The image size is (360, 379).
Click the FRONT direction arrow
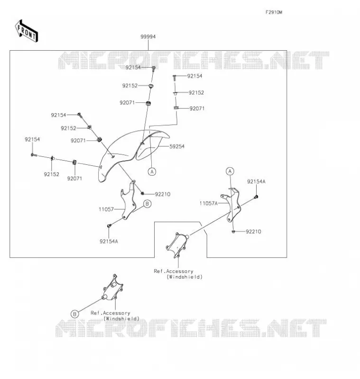[27, 31]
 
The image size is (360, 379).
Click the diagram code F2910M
[274, 12]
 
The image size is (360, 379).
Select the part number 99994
[148, 37]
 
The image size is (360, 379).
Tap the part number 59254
[177, 146]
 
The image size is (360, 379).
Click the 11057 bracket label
[106, 209]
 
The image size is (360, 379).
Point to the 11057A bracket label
[209, 203]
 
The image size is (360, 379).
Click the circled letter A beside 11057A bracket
[230, 171]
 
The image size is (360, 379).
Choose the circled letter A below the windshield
[152, 171]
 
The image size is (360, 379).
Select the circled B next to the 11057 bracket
[147, 204]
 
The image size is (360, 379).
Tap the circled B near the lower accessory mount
[74, 314]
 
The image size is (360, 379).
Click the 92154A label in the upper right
[256, 181]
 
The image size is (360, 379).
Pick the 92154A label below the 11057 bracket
[109, 241]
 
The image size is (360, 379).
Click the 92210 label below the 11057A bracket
[253, 232]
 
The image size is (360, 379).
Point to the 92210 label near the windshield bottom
[163, 194]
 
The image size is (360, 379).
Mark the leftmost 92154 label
[32, 139]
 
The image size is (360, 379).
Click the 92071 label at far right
[197, 108]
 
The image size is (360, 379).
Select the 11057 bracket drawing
[128, 200]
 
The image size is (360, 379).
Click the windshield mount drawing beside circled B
[112, 288]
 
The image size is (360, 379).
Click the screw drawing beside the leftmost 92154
[34, 155]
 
